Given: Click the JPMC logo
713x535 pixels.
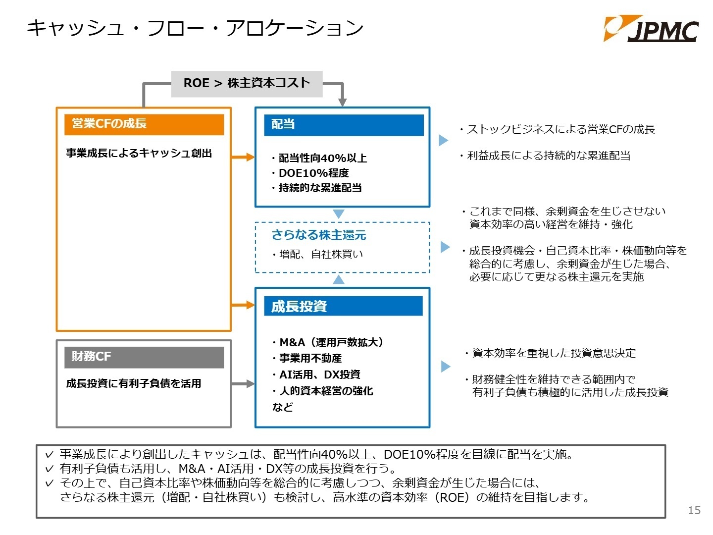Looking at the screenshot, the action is pos(651,29).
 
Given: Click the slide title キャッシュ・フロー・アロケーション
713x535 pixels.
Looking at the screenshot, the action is pos(195,28).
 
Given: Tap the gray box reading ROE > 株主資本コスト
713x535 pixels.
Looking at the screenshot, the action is pos(247,84).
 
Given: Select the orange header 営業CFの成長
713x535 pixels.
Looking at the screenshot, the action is pos(144,124).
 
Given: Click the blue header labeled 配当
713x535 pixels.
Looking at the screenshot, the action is pos(344,125).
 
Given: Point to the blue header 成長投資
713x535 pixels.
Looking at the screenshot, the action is pos(343,306).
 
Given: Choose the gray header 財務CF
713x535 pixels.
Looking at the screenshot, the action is pos(144,357).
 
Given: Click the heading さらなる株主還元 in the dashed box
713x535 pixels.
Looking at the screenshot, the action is pos(319,234).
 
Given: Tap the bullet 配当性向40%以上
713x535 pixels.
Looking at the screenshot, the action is pos(319,158).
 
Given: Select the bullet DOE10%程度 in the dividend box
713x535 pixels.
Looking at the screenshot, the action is pos(310,173).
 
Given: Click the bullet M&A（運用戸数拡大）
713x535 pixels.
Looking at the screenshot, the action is pos(328,342).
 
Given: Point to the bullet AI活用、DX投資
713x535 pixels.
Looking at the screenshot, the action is pos(316,374).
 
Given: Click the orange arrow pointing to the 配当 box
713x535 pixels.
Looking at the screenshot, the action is pos(243,157).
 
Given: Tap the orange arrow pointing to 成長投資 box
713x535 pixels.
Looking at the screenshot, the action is pos(243,305).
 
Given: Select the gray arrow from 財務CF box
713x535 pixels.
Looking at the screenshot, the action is pos(243,383).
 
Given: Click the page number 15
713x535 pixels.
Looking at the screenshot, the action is pos(694,510).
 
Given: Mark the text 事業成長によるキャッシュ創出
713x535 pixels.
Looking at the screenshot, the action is pos(139,153).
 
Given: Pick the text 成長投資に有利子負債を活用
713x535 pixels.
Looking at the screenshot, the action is pos(134,383).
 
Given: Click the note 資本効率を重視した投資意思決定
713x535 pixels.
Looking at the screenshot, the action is pos(550,353).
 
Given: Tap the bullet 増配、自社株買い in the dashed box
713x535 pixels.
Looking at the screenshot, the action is pos(317,254).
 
